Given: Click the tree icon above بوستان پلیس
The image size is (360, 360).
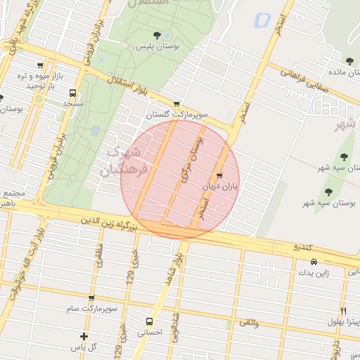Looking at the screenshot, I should click(x=157, y=35).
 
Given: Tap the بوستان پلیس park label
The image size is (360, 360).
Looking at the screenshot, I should click(x=157, y=46).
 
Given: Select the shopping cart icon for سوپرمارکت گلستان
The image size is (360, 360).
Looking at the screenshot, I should click(x=176, y=103).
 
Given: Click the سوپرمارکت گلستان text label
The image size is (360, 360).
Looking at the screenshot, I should click(x=168, y=114).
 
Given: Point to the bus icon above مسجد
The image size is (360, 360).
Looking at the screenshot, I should click(x=72, y=92).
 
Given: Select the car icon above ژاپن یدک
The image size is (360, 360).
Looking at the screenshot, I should click(x=304, y=262).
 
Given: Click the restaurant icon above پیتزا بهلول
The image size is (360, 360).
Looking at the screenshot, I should click(x=343, y=310).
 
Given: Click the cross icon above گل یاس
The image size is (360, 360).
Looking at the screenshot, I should click(x=84, y=336).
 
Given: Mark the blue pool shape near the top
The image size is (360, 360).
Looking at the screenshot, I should click(x=263, y=20).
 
